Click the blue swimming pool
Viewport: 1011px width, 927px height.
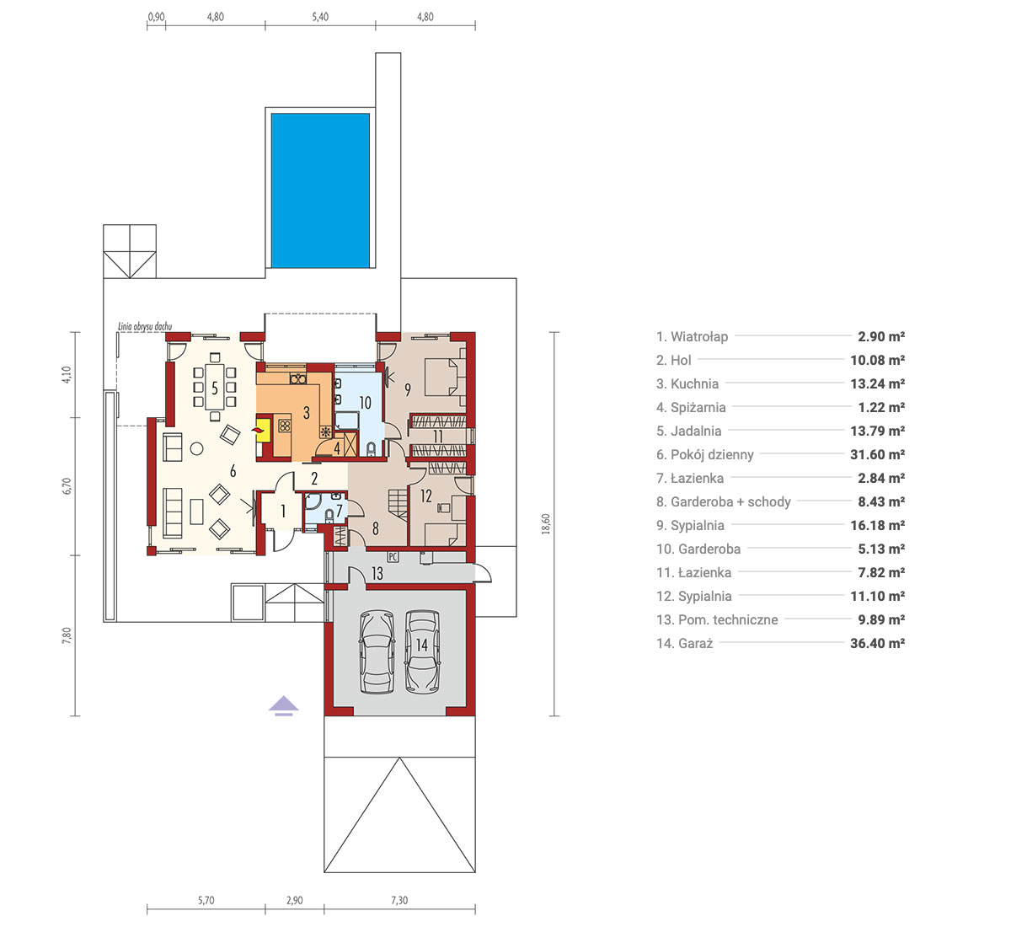[320, 190]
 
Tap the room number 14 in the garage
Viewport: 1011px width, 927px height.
[422, 645]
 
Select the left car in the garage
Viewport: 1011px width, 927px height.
[377, 651]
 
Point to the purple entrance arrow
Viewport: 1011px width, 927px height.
[283, 705]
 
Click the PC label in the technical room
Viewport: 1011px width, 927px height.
[393, 557]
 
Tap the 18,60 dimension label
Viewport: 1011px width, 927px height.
[546, 524]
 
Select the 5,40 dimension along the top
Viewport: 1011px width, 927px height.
[320, 17]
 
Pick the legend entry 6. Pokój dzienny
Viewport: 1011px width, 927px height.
[704, 454]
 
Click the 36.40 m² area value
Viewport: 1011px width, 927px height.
[877, 643]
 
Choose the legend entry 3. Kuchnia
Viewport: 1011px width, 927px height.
[687, 383]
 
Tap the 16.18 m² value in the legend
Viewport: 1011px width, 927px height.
[877, 525]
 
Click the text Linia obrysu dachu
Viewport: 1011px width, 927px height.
[145, 326]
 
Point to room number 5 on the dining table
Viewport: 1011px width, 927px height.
[215, 388]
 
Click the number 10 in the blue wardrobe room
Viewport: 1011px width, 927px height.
[365, 403]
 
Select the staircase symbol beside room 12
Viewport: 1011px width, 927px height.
[398, 503]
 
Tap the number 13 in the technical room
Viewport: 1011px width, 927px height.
[377, 573]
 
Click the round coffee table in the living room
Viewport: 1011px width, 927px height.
[196, 448]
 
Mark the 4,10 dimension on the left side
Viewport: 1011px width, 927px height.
[67, 374]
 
